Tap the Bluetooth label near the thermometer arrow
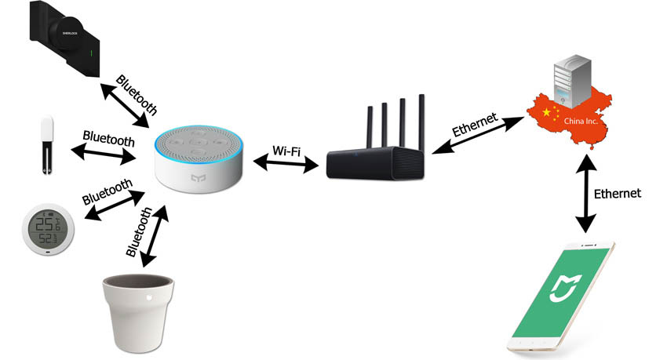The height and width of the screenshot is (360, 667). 108,192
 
